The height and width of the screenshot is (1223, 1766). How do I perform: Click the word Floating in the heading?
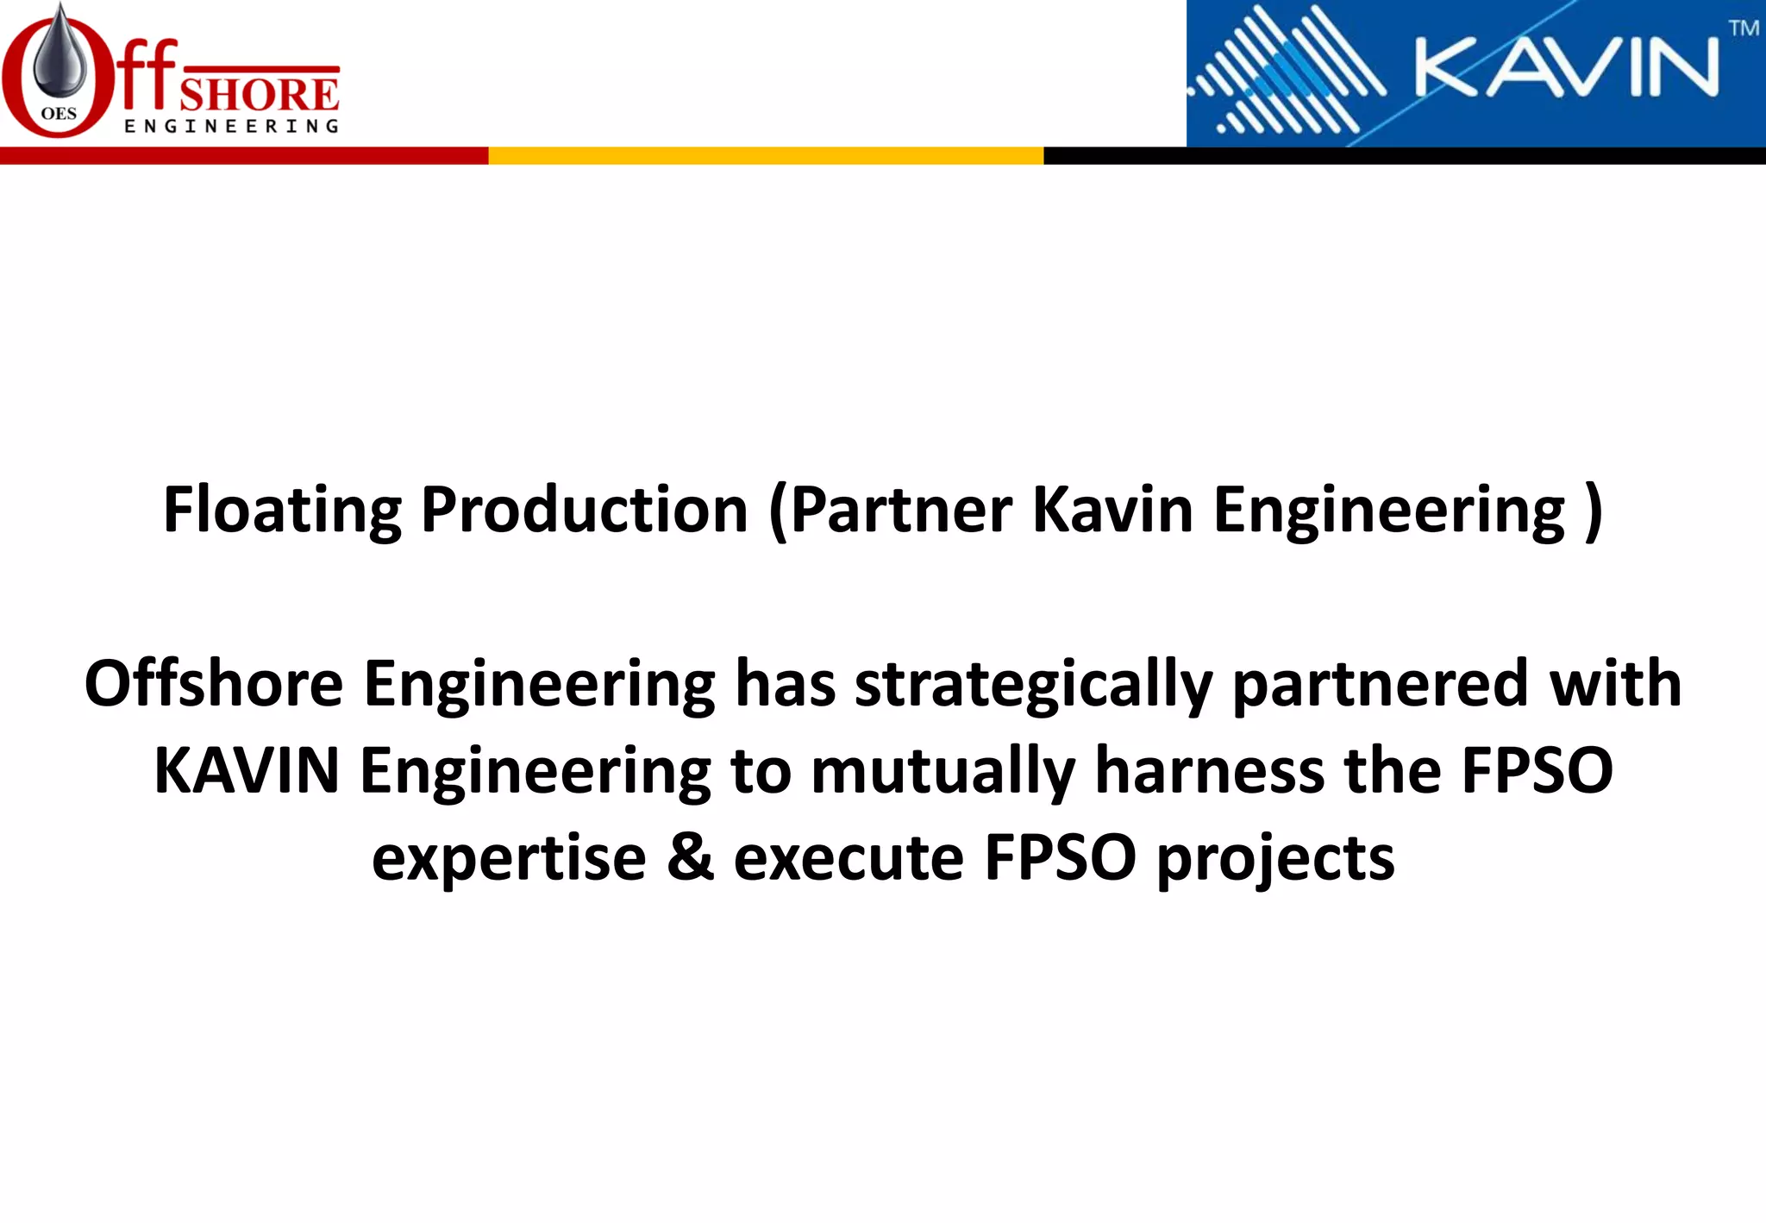pos(282,510)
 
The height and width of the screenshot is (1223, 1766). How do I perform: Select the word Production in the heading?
pos(584,510)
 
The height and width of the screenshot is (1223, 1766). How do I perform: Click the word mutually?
pos(942,771)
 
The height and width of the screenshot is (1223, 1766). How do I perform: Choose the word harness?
pos(1210,771)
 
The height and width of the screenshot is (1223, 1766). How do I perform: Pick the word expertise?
pos(509,859)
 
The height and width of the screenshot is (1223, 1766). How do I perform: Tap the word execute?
pos(849,859)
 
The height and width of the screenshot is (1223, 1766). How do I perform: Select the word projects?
pos(1274,861)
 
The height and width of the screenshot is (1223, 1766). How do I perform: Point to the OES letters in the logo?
pos(59,114)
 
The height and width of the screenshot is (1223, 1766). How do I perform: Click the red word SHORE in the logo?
pos(260,95)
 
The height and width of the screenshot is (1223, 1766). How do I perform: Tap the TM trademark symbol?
pos(1743,28)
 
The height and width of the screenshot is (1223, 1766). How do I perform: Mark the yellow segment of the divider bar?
pos(766,156)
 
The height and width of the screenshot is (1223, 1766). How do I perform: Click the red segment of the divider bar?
pos(244,156)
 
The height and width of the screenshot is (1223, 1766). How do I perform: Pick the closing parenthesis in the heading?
pos(1593,510)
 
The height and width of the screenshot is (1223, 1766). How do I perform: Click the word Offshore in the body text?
pos(214,684)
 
